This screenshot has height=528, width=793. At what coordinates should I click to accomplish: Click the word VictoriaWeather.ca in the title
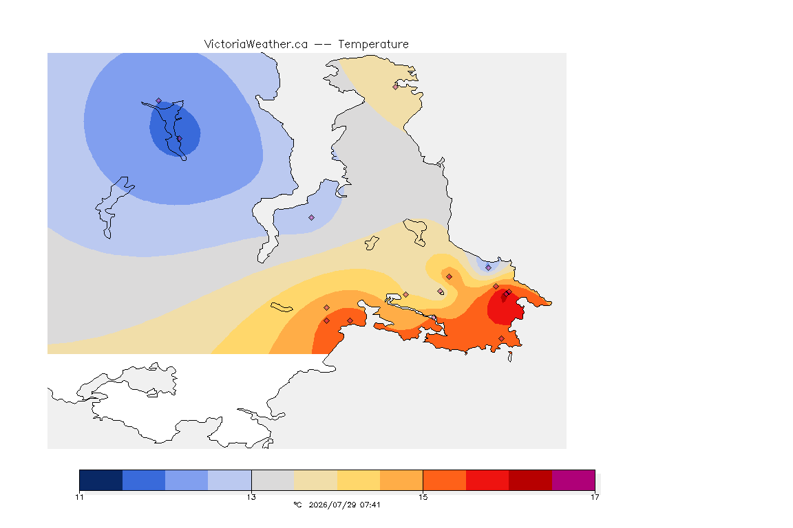tap(256, 45)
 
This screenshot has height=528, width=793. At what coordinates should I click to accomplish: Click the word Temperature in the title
tap(373, 45)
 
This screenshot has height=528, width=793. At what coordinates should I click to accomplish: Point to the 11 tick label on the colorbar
tap(79, 497)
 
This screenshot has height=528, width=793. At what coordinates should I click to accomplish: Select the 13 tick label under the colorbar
tap(251, 497)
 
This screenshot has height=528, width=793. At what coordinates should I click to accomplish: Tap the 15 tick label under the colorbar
tap(423, 497)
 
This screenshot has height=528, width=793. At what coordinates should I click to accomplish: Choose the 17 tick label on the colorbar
tap(595, 497)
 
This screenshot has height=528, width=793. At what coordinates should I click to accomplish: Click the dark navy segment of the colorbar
tap(101, 480)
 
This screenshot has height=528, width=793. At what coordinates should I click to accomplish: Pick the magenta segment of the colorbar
tap(573, 480)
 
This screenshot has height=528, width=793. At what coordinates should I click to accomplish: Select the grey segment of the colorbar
tap(273, 480)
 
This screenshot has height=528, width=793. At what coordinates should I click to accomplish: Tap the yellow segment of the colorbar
tap(359, 480)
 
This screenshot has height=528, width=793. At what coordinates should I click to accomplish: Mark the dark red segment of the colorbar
tap(531, 480)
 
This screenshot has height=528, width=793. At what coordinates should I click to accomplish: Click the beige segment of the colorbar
tap(315, 480)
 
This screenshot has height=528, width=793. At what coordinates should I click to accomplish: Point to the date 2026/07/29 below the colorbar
tap(332, 505)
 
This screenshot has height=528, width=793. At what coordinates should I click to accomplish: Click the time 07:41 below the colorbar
tap(370, 505)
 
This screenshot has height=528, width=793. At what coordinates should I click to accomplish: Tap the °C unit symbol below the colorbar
tap(298, 505)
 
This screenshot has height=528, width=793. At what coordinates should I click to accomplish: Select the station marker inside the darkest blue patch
tap(179, 138)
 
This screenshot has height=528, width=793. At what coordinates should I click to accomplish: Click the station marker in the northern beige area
tap(396, 87)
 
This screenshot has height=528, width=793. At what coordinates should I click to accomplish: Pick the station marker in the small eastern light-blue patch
tap(488, 268)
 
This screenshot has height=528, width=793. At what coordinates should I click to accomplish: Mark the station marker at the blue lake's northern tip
tap(159, 101)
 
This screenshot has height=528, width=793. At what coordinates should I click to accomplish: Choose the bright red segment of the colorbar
tap(487, 480)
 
